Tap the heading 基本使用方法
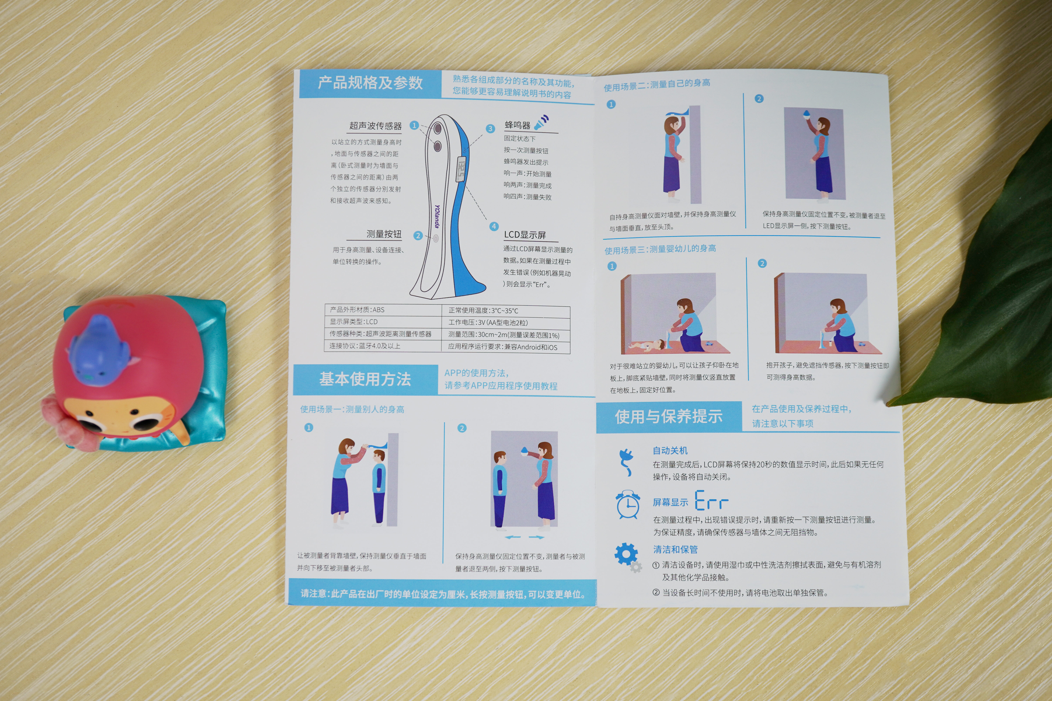(365, 379)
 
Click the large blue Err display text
(712, 501)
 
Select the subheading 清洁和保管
(675, 549)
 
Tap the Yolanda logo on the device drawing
(437, 216)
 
